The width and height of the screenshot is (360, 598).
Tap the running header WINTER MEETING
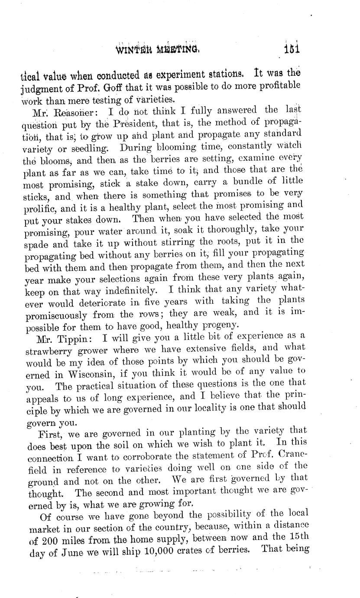pos(157,48)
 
